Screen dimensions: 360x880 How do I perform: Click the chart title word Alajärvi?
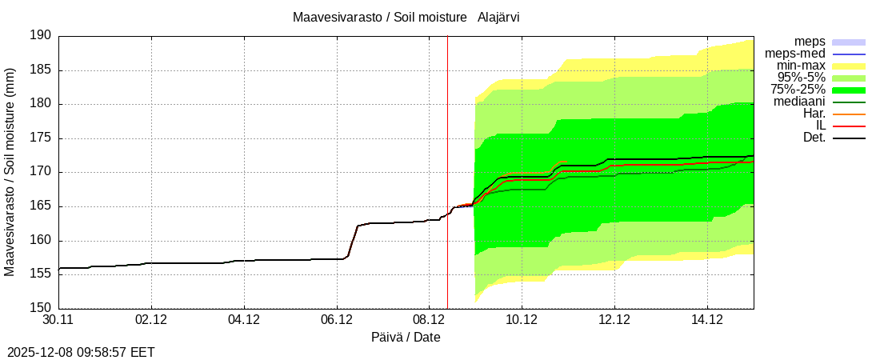(x=498, y=17)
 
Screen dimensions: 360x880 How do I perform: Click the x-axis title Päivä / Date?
(x=406, y=337)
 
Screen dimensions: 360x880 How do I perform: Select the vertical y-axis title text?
(x=10, y=172)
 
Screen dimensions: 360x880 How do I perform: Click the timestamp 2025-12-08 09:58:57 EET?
(x=81, y=352)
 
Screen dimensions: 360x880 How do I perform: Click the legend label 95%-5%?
(x=800, y=78)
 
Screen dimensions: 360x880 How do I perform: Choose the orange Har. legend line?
(x=849, y=114)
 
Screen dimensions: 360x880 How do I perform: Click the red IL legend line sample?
(x=849, y=126)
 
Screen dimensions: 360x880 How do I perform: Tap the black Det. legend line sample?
(x=849, y=138)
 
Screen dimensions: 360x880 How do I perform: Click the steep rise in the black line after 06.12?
(x=353, y=240)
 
